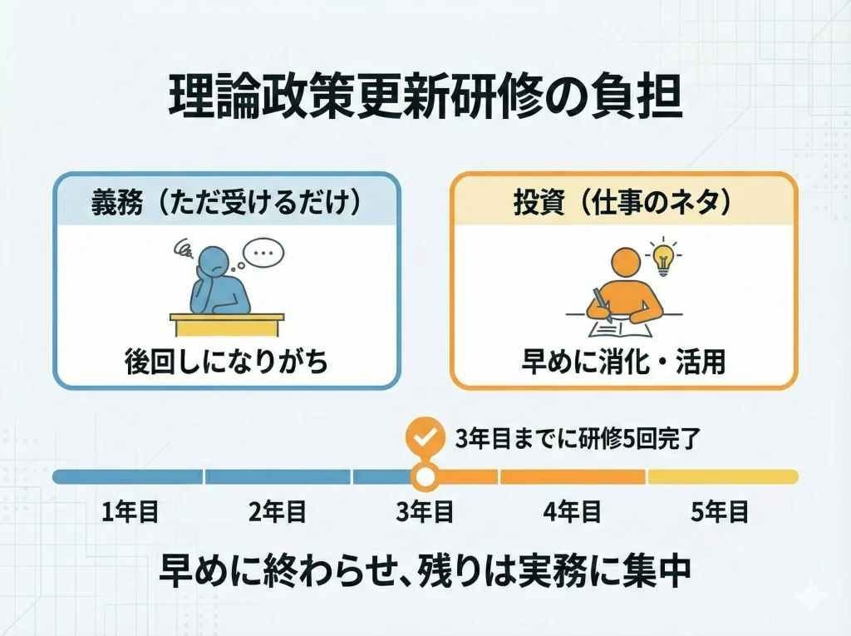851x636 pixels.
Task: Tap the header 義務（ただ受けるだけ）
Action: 226,205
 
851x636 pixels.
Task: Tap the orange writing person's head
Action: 623,264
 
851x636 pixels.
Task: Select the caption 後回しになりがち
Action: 226,361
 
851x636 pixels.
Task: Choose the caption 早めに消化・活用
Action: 623,361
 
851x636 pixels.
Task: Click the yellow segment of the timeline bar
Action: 721,476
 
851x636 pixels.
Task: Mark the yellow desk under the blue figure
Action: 227,317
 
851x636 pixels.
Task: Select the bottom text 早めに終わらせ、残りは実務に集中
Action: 425,572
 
